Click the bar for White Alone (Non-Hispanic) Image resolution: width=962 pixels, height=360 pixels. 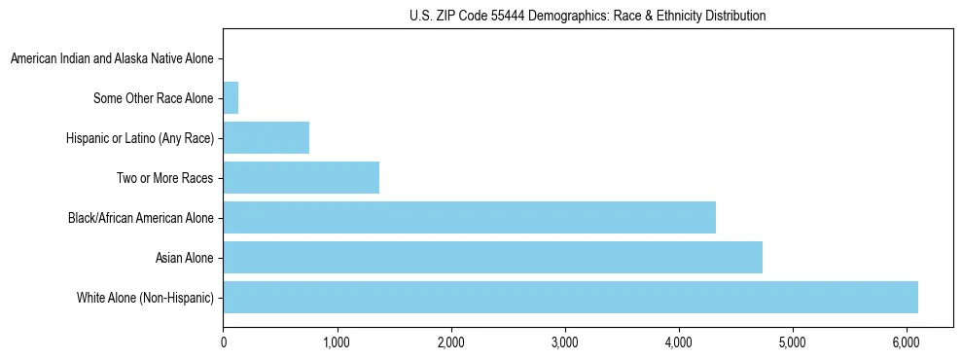pyautogui.click(x=570, y=297)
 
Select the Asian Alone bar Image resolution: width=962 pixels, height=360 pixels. pyautogui.click(x=492, y=257)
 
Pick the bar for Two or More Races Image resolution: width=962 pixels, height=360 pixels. pyautogui.click(x=301, y=177)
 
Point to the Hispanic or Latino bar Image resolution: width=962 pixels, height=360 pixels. pyautogui.click(x=266, y=137)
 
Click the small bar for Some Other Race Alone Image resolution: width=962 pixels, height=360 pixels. pyautogui.click(x=231, y=97)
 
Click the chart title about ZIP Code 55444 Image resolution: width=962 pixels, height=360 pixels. pyautogui.click(x=588, y=16)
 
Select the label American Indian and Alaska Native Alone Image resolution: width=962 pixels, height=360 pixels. pyautogui.click(x=112, y=58)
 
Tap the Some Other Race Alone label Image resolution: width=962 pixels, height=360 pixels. pyautogui.click(x=153, y=98)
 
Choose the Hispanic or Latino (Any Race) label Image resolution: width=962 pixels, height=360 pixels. pyautogui.click(x=139, y=138)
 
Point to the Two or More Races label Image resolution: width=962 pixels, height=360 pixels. pyautogui.click(x=163, y=178)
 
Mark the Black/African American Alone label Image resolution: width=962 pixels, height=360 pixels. pyautogui.click(x=140, y=218)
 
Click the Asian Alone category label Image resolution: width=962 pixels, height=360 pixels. pyautogui.click(x=184, y=258)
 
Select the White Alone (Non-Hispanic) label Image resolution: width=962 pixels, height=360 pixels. pyautogui.click(x=145, y=298)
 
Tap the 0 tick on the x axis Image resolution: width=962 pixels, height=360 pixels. pyautogui.click(x=224, y=343)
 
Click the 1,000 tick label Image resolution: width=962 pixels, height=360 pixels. pyautogui.click(x=337, y=343)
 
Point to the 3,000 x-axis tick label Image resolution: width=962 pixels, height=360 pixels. pyautogui.click(x=564, y=343)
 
